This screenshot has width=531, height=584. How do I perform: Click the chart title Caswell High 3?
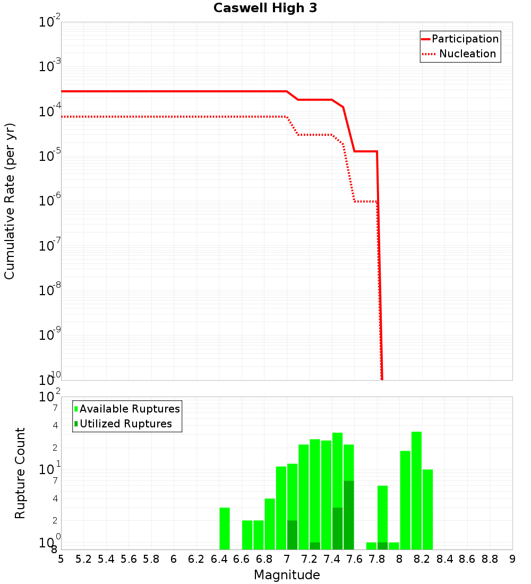pos(265,8)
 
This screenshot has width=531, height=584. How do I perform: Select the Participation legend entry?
pos(465,39)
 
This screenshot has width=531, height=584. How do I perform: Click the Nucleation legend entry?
pos(467,54)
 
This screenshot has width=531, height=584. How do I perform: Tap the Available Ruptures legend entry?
pos(130,409)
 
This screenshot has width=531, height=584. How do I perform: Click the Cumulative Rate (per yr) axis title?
pos(10,201)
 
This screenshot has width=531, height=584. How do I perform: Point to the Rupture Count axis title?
pos(20,473)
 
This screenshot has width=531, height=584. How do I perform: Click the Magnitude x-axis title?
pos(287,575)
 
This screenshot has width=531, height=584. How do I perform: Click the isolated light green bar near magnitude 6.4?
pos(225,528)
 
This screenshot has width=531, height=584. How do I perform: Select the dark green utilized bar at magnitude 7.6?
pos(349,515)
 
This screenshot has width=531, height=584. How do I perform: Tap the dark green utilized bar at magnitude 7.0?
pos(292,535)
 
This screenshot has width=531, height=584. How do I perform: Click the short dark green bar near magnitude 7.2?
pos(315,546)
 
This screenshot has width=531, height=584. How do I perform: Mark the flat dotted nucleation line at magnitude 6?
pos(174,116)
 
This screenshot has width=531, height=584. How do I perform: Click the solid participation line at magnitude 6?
pos(174,91)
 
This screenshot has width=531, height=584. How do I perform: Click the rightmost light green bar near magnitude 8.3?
pos(427,509)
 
